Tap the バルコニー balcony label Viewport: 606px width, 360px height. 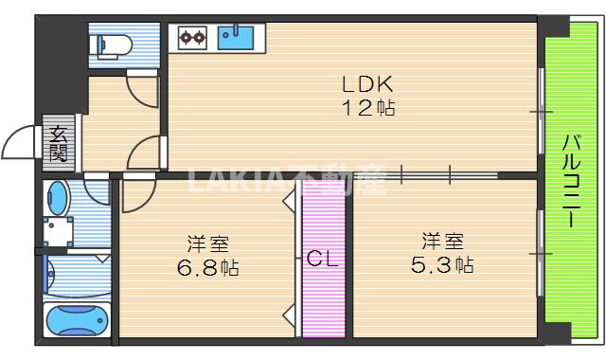point(571,181)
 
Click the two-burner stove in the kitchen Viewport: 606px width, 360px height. point(193,39)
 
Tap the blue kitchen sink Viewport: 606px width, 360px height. point(235,38)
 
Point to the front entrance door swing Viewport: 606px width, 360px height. point(23,145)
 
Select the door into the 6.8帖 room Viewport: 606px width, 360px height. point(138,194)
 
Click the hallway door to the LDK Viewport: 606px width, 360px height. point(145,152)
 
